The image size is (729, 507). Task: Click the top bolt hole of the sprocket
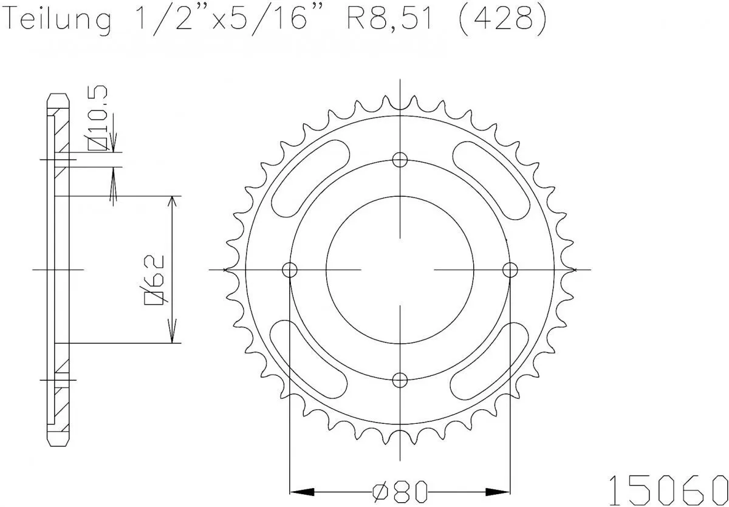(x=400, y=160)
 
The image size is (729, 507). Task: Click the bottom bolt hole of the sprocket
(x=400, y=380)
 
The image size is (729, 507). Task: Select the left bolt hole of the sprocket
(x=290, y=269)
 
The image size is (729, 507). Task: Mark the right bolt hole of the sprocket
(x=510, y=269)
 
